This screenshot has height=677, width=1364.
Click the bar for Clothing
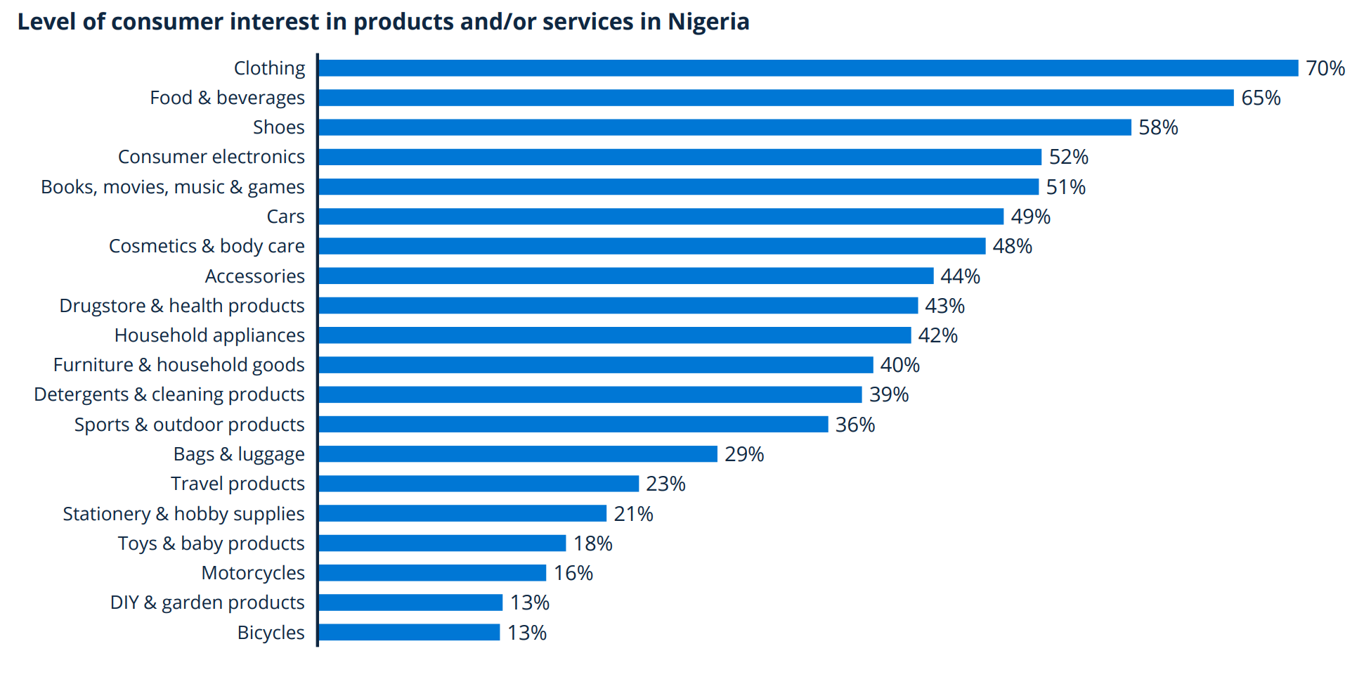click(x=808, y=68)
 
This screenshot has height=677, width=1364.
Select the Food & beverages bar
click(x=776, y=98)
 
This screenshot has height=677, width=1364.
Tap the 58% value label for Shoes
click(x=1158, y=127)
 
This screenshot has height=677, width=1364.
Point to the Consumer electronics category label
click(x=211, y=157)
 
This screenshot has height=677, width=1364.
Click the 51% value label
click(x=1065, y=187)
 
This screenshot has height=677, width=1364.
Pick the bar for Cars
click(x=661, y=217)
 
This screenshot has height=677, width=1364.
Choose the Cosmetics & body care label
click(x=207, y=246)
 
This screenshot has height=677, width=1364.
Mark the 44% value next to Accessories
click(x=960, y=276)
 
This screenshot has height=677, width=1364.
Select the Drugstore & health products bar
click(x=618, y=306)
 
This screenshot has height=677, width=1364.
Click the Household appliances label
click(x=209, y=335)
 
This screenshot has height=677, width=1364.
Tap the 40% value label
click(x=899, y=365)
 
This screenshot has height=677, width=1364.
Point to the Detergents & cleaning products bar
click(x=590, y=394)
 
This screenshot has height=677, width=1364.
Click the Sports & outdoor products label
click(x=189, y=425)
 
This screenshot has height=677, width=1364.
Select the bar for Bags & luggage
click(x=518, y=454)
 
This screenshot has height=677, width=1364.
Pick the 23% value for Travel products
click(x=665, y=484)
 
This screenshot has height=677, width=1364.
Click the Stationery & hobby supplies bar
click(x=462, y=514)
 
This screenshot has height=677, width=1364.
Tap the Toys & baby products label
click(x=211, y=543)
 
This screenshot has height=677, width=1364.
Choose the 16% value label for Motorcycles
click(x=573, y=573)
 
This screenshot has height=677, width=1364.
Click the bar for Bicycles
click(x=409, y=633)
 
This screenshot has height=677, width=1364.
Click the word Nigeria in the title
click(x=708, y=22)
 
